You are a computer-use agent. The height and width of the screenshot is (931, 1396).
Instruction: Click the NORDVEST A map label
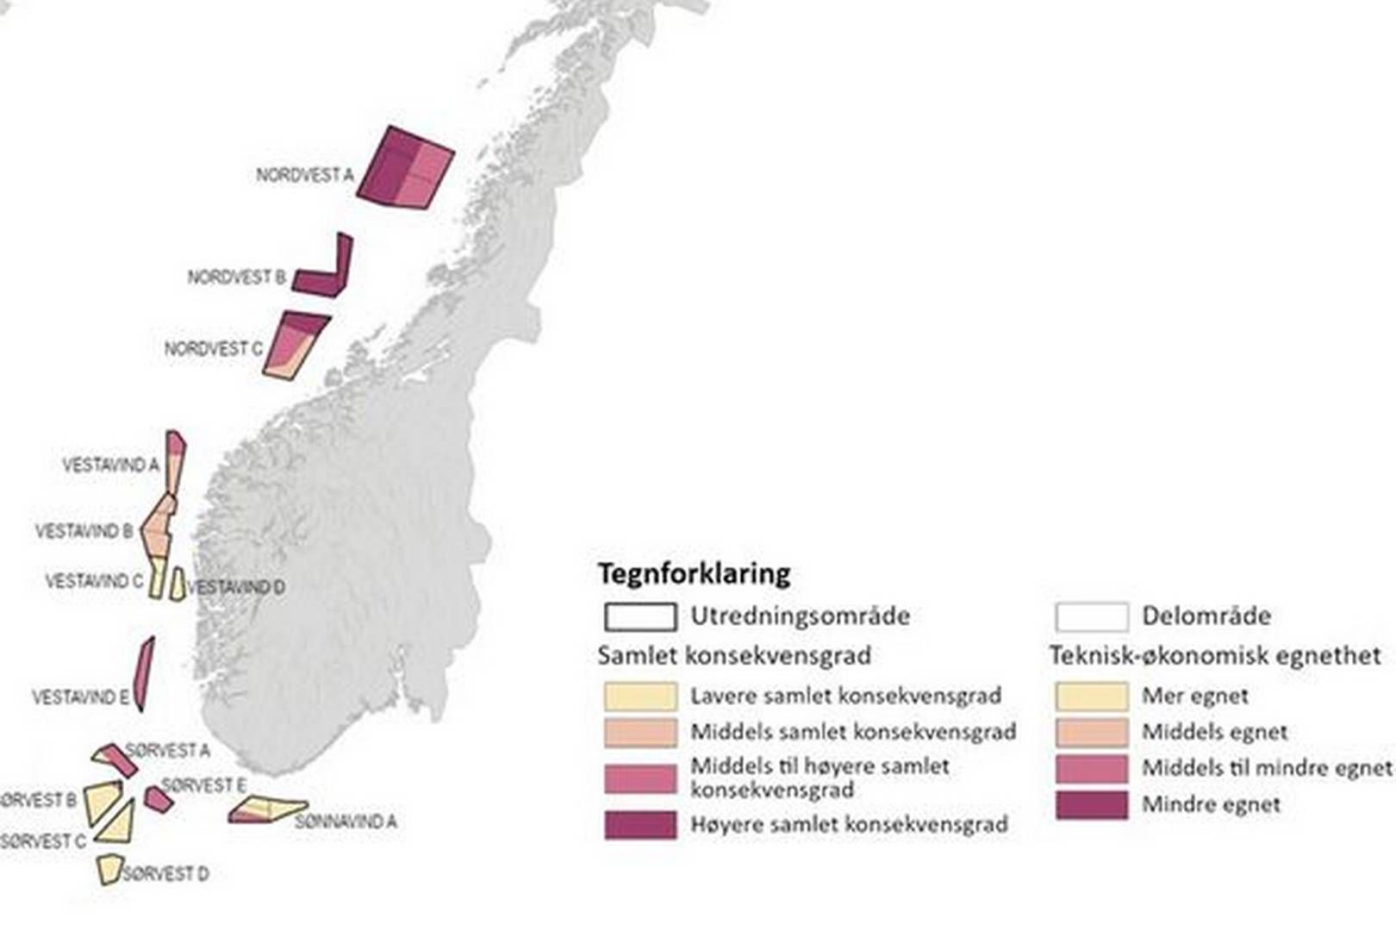305,175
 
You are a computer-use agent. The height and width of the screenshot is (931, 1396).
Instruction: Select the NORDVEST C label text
214,349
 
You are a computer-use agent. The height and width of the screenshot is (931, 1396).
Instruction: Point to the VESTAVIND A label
111,465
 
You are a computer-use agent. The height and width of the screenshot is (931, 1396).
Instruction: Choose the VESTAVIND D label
236,588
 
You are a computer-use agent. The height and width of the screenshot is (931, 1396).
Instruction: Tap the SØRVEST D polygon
109,869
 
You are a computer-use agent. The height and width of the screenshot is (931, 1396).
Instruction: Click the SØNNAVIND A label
346,822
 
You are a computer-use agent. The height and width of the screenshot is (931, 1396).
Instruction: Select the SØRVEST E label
204,785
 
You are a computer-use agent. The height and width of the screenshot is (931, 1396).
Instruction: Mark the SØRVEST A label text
168,751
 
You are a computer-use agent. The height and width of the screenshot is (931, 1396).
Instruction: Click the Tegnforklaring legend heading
694,573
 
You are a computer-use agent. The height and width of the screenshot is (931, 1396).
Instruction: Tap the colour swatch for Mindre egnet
1091,805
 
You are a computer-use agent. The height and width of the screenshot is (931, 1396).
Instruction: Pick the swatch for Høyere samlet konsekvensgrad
640,825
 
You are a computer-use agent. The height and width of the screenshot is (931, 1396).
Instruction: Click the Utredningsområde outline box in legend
640,616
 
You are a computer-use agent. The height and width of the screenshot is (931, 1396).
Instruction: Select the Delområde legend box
1091,616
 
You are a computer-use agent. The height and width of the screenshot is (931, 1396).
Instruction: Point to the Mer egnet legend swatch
1091,696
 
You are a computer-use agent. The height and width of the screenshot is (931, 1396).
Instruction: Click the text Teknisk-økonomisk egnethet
1215,656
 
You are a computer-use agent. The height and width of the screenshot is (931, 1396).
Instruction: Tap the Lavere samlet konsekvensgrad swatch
640,696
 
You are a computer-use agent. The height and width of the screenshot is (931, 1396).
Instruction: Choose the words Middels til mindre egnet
1267,767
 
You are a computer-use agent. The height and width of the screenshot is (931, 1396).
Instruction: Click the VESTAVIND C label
95,582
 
